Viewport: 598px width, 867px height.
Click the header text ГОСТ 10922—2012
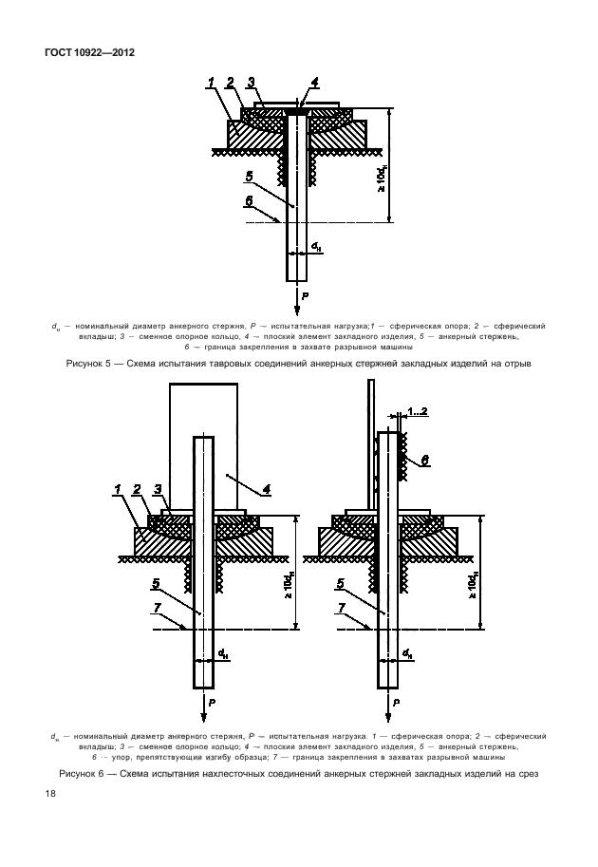[89, 52]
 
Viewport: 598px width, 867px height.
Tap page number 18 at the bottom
[49, 794]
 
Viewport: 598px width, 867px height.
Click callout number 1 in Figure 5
[211, 83]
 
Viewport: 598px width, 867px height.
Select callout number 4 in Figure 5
[314, 83]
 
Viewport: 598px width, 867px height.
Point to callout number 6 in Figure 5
[250, 201]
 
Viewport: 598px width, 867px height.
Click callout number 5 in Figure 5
[250, 177]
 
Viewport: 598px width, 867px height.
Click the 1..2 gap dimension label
[418, 411]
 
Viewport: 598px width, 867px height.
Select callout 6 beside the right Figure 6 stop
[425, 460]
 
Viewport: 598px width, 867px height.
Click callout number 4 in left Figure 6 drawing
[266, 489]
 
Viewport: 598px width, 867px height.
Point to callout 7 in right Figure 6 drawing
[342, 608]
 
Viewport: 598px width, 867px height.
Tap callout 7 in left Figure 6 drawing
[157, 608]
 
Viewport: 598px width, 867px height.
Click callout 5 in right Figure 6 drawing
[341, 583]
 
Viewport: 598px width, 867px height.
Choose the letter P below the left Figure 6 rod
[213, 702]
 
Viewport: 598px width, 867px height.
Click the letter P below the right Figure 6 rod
[396, 702]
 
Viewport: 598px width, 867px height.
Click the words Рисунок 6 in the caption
[82, 774]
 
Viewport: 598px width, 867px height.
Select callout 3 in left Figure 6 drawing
[158, 489]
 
